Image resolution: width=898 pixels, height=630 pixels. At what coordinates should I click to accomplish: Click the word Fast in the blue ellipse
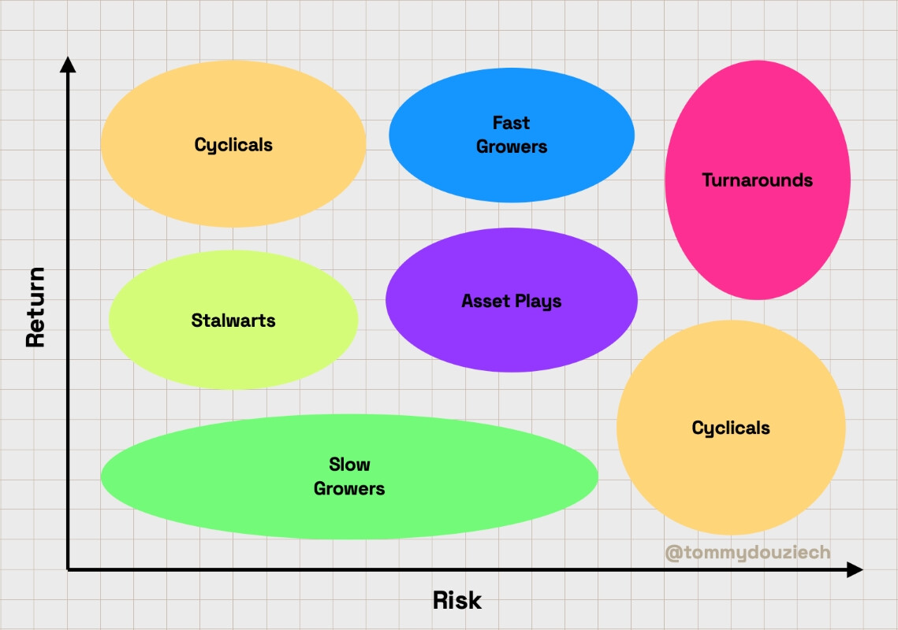pyautogui.click(x=512, y=123)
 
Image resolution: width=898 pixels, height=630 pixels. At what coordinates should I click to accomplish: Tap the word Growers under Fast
pyautogui.click(x=512, y=146)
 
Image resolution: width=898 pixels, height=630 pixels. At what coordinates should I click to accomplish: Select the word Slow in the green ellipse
pyautogui.click(x=349, y=464)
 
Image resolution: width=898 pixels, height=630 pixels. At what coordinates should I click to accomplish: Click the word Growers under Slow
pyautogui.click(x=349, y=488)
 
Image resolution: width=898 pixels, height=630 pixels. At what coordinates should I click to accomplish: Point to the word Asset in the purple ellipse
pyautogui.click(x=486, y=300)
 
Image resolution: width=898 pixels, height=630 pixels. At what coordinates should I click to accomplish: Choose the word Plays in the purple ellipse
pyautogui.click(x=538, y=302)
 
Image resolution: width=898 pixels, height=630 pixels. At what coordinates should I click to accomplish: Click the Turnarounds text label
pyautogui.click(x=757, y=180)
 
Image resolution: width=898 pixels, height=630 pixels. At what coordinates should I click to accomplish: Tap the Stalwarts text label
pyautogui.click(x=233, y=321)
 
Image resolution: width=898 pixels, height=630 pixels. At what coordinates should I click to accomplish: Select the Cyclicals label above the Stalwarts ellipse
pyautogui.click(x=233, y=145)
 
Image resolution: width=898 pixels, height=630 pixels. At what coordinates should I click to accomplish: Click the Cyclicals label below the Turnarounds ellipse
pyautogui.click(x=731, y=428)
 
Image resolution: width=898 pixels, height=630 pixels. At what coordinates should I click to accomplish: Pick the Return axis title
pyautogui.click(x=35, y=307)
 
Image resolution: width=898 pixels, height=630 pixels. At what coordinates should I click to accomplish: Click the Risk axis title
pyautogui.click(x=457, y=600)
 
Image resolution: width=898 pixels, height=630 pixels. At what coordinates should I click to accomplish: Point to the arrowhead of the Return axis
pyautogui.click(x=68, y=64)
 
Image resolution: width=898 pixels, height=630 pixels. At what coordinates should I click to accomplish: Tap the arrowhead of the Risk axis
pyautogui.click(x=855, y=569)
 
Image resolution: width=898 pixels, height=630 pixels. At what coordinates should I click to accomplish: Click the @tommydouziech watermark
pyautogui.click(x=747, y=552)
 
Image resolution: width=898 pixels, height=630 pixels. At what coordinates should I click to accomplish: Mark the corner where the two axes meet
pyautogui.click(x=68, y=569)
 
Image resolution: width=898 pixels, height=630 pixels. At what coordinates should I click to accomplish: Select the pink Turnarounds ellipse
pyautogui.click(x=757, y=180)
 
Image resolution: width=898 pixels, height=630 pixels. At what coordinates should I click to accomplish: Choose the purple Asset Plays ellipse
pyautogui.click(x=512, y=300)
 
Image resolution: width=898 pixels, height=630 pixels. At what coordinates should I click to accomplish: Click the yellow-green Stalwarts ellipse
pyautogui.click(x=233, y=320)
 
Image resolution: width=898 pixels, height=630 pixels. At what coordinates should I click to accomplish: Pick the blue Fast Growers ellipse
pyautogui.click(x=512, y=135)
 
